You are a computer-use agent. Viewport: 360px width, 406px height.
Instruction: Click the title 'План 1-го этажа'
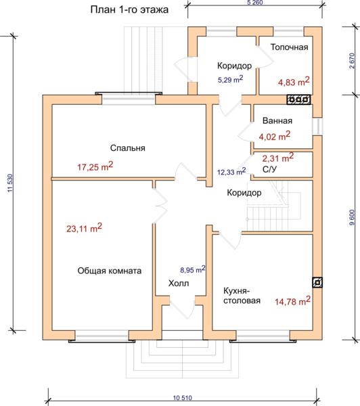point(129,10)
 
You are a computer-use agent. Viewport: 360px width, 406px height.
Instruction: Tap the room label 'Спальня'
point(127,148)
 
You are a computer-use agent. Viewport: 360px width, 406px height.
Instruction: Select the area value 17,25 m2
point(95,166)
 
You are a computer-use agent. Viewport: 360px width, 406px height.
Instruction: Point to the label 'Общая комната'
point(110,271)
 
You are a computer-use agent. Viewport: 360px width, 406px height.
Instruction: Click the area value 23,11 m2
point(84,228)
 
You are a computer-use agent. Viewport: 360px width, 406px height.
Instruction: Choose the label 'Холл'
point(179,284)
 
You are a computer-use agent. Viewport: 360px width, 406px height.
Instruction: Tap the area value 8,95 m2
point(193,269)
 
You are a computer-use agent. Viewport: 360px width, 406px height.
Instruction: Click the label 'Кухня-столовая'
point(242,296)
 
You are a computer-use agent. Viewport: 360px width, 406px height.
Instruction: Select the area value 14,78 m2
point(292,301)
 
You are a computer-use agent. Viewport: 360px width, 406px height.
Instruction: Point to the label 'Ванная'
point(277,120)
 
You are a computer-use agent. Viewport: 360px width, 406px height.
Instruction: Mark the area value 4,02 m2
point(275,136)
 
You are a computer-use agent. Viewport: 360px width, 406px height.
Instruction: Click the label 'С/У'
point(269,169)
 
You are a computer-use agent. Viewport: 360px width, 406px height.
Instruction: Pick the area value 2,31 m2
point(278,158)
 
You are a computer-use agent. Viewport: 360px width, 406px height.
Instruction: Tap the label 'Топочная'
point(290,47)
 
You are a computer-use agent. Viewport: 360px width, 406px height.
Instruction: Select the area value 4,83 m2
point(294,82)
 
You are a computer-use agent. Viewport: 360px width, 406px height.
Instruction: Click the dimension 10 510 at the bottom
point(182,398)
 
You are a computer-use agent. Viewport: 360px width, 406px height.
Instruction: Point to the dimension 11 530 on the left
point(10,183)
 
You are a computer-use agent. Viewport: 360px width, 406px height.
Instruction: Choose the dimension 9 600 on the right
point(352,217)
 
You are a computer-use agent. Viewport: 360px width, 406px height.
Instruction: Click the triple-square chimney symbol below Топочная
point(298,99)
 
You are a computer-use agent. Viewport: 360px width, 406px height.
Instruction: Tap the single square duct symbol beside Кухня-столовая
point(317,282)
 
